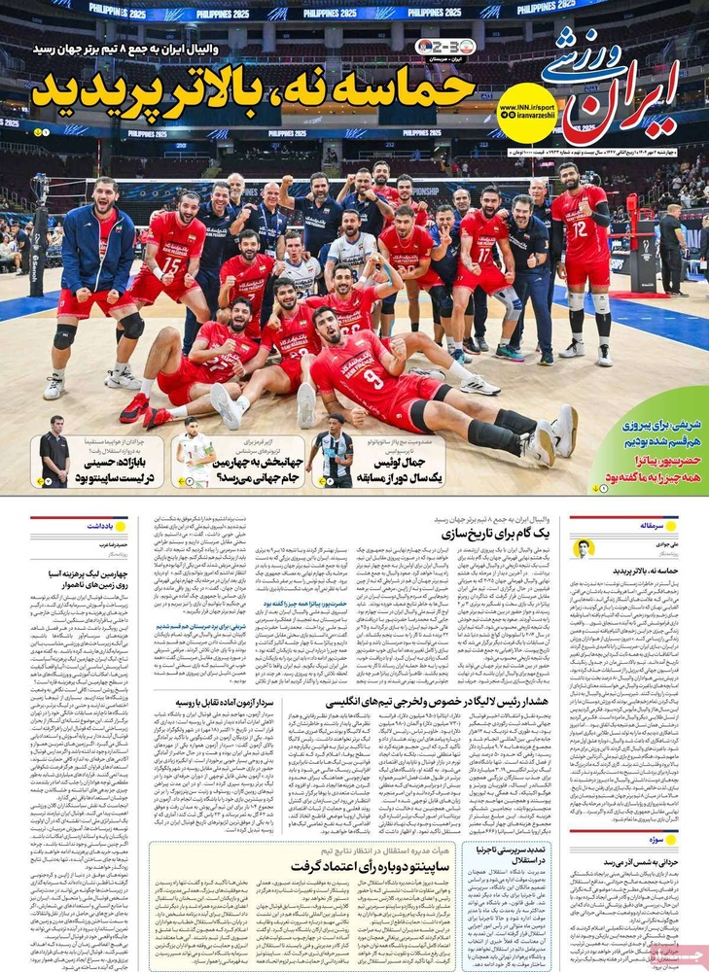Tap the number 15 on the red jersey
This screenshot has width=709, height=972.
tap(172, 265)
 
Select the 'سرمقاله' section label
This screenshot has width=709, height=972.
tap(662, 525)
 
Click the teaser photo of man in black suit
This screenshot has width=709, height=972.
tap(54, 452)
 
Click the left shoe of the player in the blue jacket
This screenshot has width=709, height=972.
tap(53, 387)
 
